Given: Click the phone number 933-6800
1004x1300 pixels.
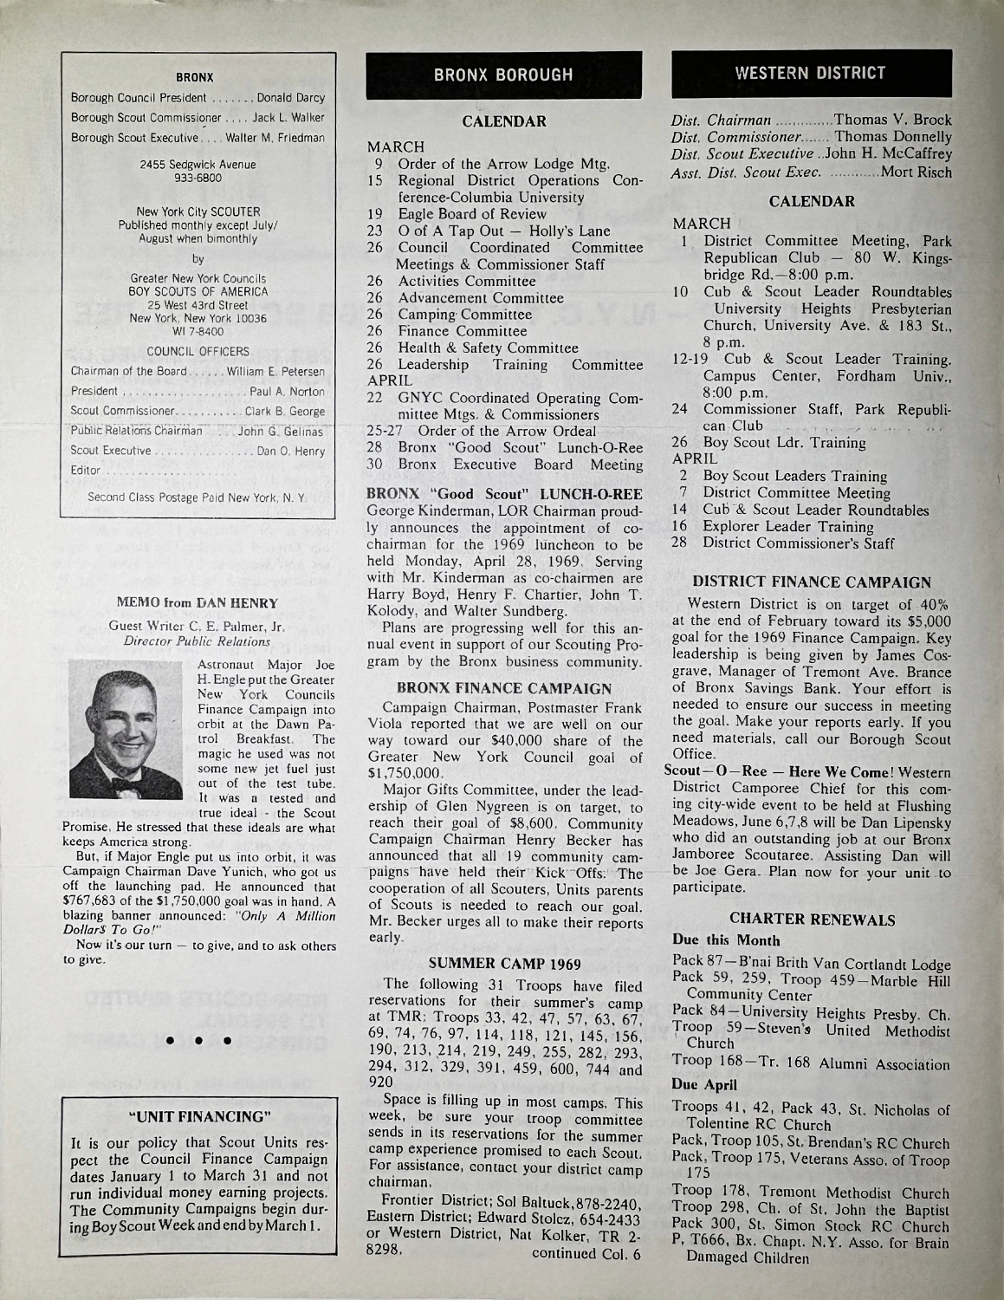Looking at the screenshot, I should pos(198,177).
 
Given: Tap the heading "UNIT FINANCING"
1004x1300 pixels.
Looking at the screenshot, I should pos(197,1115).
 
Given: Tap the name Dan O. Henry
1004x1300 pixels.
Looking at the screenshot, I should pos(291,452).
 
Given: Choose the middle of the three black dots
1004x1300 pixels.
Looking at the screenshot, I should pos(197,1040).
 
